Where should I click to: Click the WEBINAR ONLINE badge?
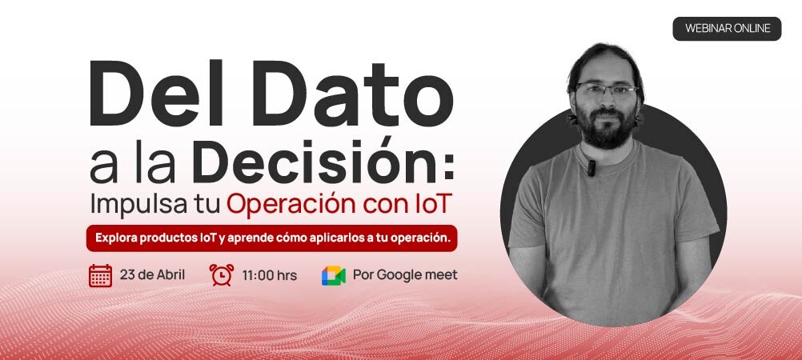(727, 29)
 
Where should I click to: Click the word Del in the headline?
(157, 94)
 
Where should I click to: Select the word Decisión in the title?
(323, 159)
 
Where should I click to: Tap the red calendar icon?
(100, 276)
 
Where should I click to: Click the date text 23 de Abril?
(152, 275)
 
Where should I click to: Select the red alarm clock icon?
(222, 275)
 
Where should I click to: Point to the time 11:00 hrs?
(270, 276)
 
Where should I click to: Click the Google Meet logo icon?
(334, 276)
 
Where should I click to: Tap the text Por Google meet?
(405, 275)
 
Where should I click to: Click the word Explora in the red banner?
(115, 238)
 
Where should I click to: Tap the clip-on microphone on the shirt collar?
(591, 168)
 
